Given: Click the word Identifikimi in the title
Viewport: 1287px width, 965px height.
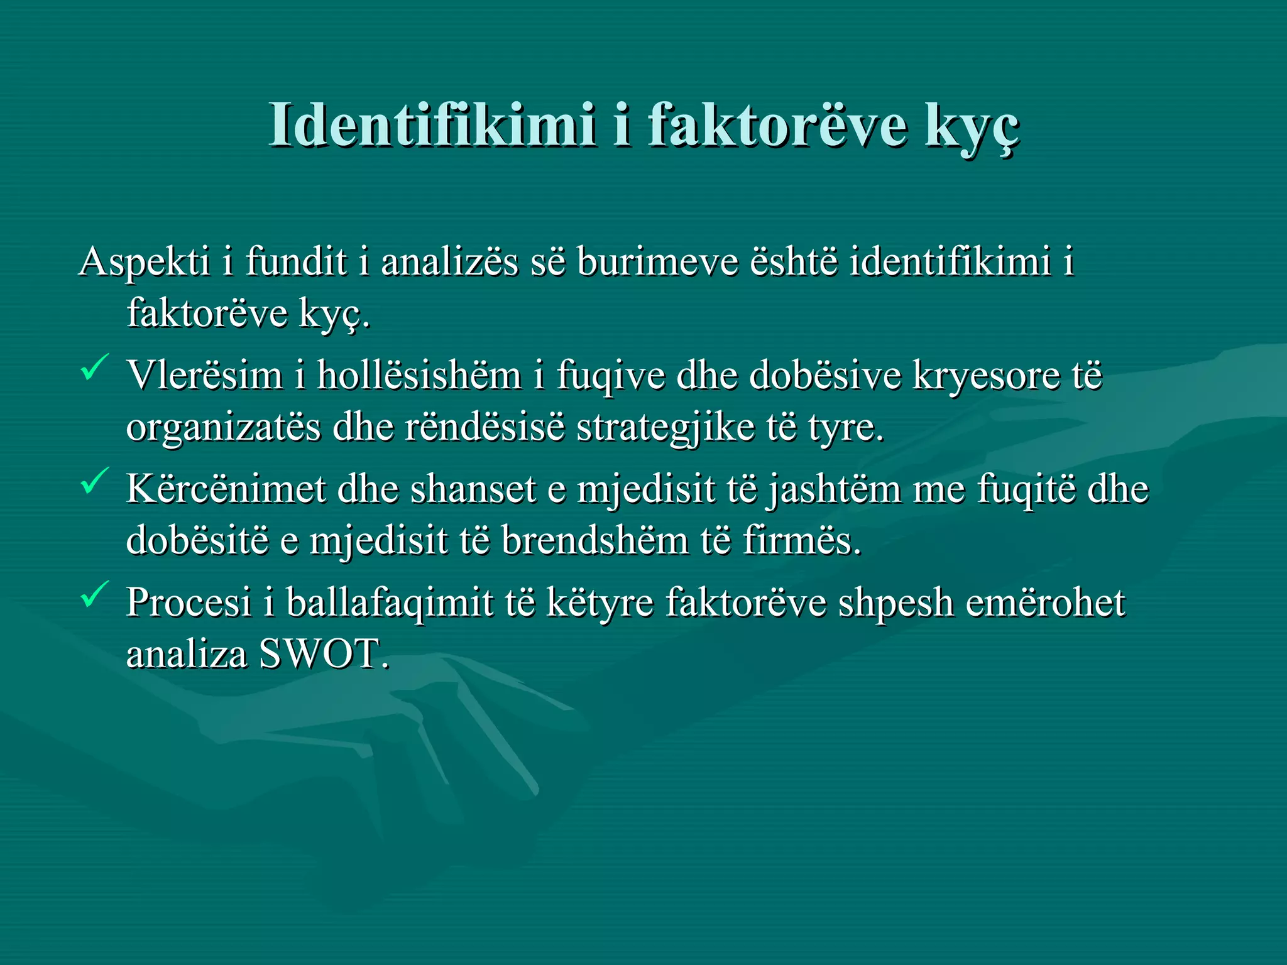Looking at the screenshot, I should (x=432, y=125).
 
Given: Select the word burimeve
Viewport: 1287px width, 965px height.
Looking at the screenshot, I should (x=657, y=261).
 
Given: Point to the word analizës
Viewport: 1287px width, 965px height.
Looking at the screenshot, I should (x=450, y=261).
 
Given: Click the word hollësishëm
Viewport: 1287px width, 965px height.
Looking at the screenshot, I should (x=419, y=376).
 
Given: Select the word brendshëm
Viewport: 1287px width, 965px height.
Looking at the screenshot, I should (x=594, y=540).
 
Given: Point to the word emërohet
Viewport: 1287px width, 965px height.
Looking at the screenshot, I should (x=1045, y=602).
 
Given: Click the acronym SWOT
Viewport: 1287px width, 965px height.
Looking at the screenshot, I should (x=320, y=654).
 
